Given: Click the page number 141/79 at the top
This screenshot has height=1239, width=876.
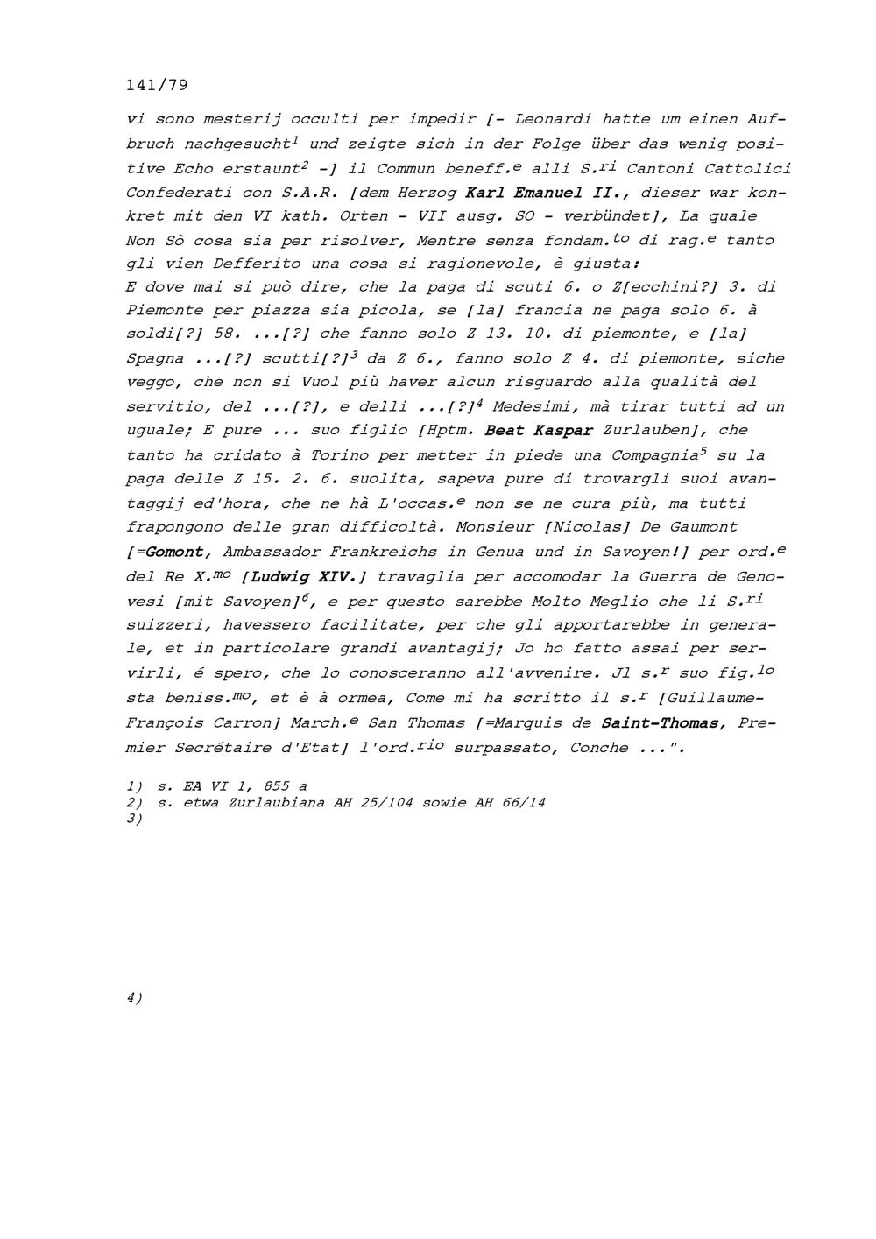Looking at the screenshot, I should tap(157, 85).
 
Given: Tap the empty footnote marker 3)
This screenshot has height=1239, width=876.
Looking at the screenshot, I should tap(135, 818).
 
